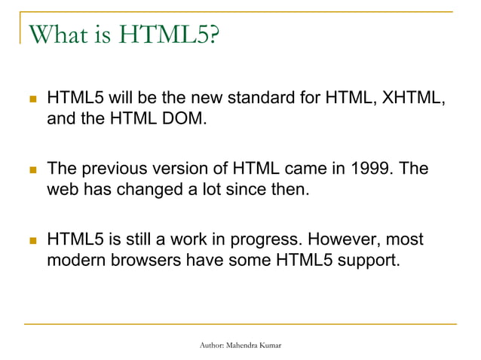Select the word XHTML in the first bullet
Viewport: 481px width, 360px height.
pyautogui.click(x=402, y=99)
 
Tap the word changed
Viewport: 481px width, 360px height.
pyautogui.click(x=143, y=190)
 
